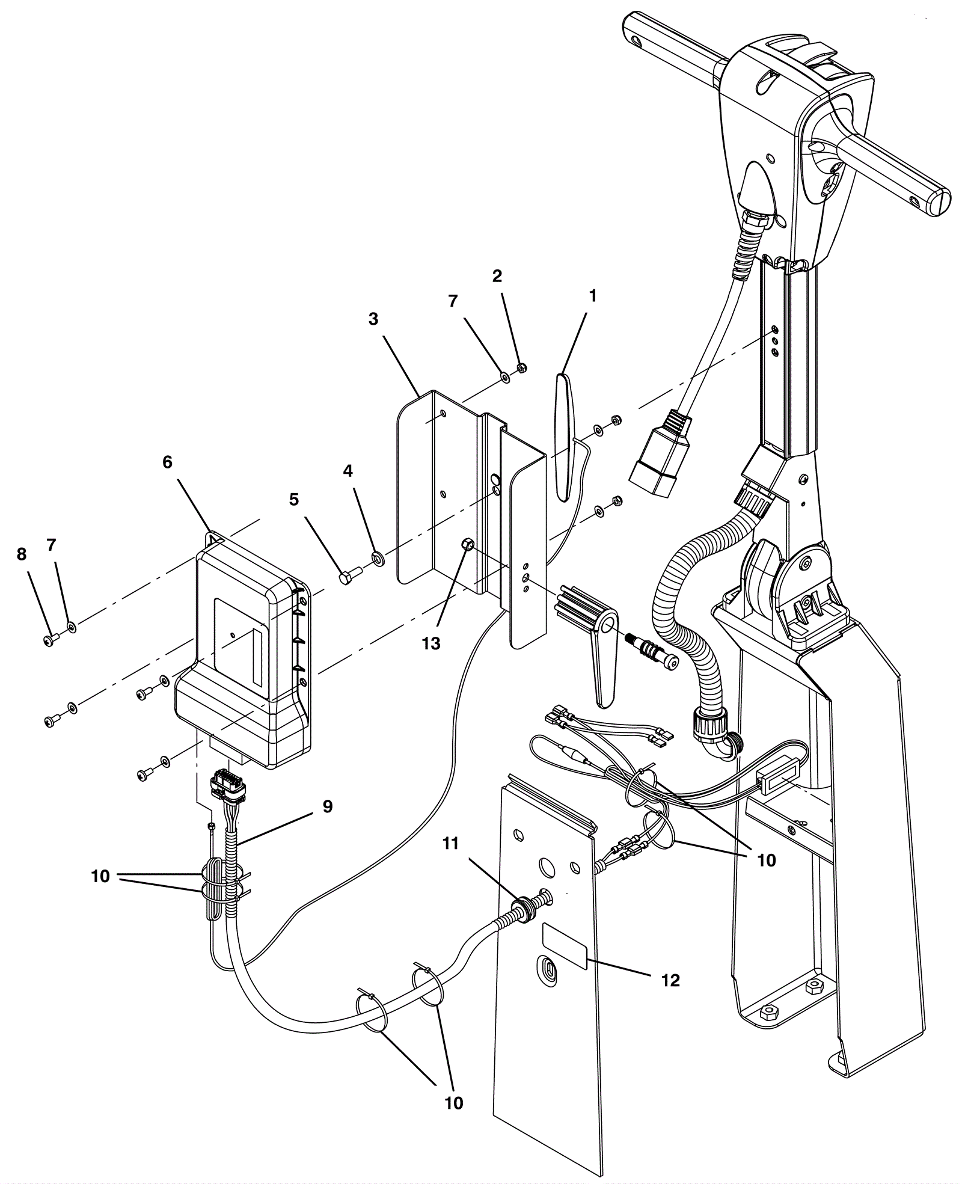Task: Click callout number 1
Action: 593,296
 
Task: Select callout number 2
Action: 497,276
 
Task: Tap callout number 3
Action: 373,319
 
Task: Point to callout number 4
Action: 348,471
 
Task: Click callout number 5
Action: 294,500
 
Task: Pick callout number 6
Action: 167,462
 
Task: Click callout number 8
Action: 22,554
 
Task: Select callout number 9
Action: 328,806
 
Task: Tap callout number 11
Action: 450,844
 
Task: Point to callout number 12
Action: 670,980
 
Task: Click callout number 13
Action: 431,643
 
